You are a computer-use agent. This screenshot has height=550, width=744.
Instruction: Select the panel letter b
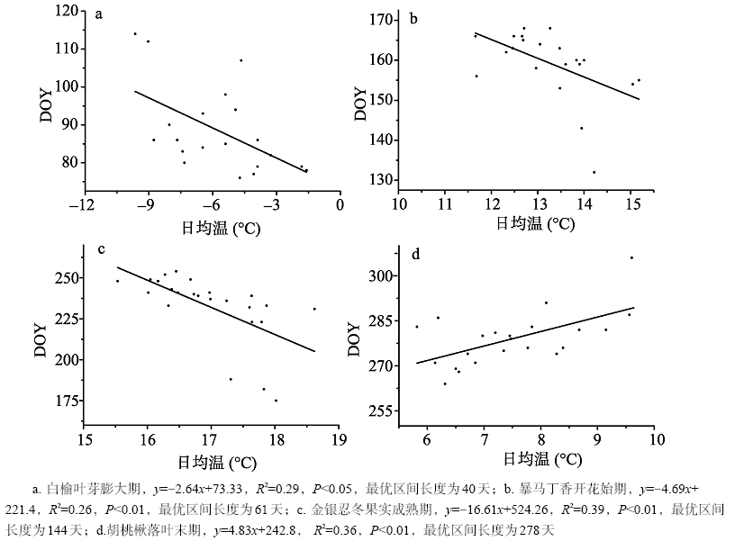(x=413, y=17)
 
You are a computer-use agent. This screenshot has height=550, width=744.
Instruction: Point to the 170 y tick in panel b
(x=377, y=19)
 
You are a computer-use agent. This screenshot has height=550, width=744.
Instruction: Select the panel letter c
(x=102, y=249)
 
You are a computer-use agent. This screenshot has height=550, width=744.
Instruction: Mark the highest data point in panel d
(x=631, y=257)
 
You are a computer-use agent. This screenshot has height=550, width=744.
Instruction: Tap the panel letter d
(x=415, y=254)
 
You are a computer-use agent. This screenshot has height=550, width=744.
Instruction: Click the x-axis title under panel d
(x=537, y=458)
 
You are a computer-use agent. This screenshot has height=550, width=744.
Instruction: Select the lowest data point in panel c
(x=276, y=401)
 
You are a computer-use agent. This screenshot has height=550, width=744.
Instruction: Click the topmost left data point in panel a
(x=135, y=33)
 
